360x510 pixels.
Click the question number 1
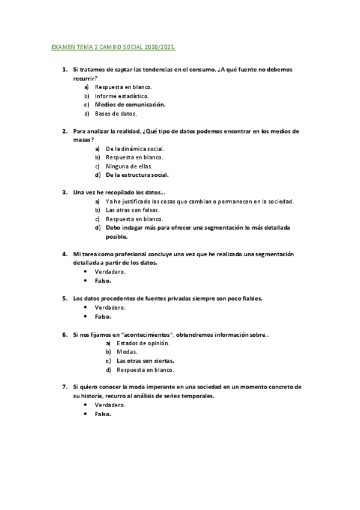[64, 70]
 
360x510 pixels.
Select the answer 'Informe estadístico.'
[123, 96]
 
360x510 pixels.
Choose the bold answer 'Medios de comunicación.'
[130, 104]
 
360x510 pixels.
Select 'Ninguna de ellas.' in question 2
[129, 166]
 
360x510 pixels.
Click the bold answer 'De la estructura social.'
[137, 175]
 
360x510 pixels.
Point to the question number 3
[64, 192]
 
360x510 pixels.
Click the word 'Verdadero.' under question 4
[110, 272]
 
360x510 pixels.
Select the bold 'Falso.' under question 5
[103, 316]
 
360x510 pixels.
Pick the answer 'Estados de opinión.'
[143, 343]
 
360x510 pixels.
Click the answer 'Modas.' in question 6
[127, 352]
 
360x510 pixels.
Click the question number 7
[64, 387]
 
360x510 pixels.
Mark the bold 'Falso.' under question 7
[103, 414]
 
